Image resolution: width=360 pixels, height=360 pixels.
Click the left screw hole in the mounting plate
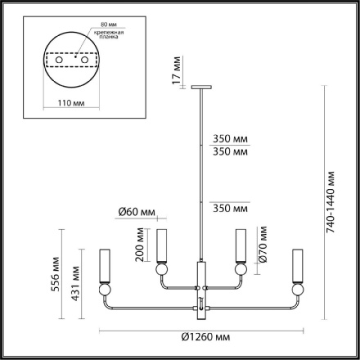coord(58,61)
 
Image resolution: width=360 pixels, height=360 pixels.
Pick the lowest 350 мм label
coord(228,209)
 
